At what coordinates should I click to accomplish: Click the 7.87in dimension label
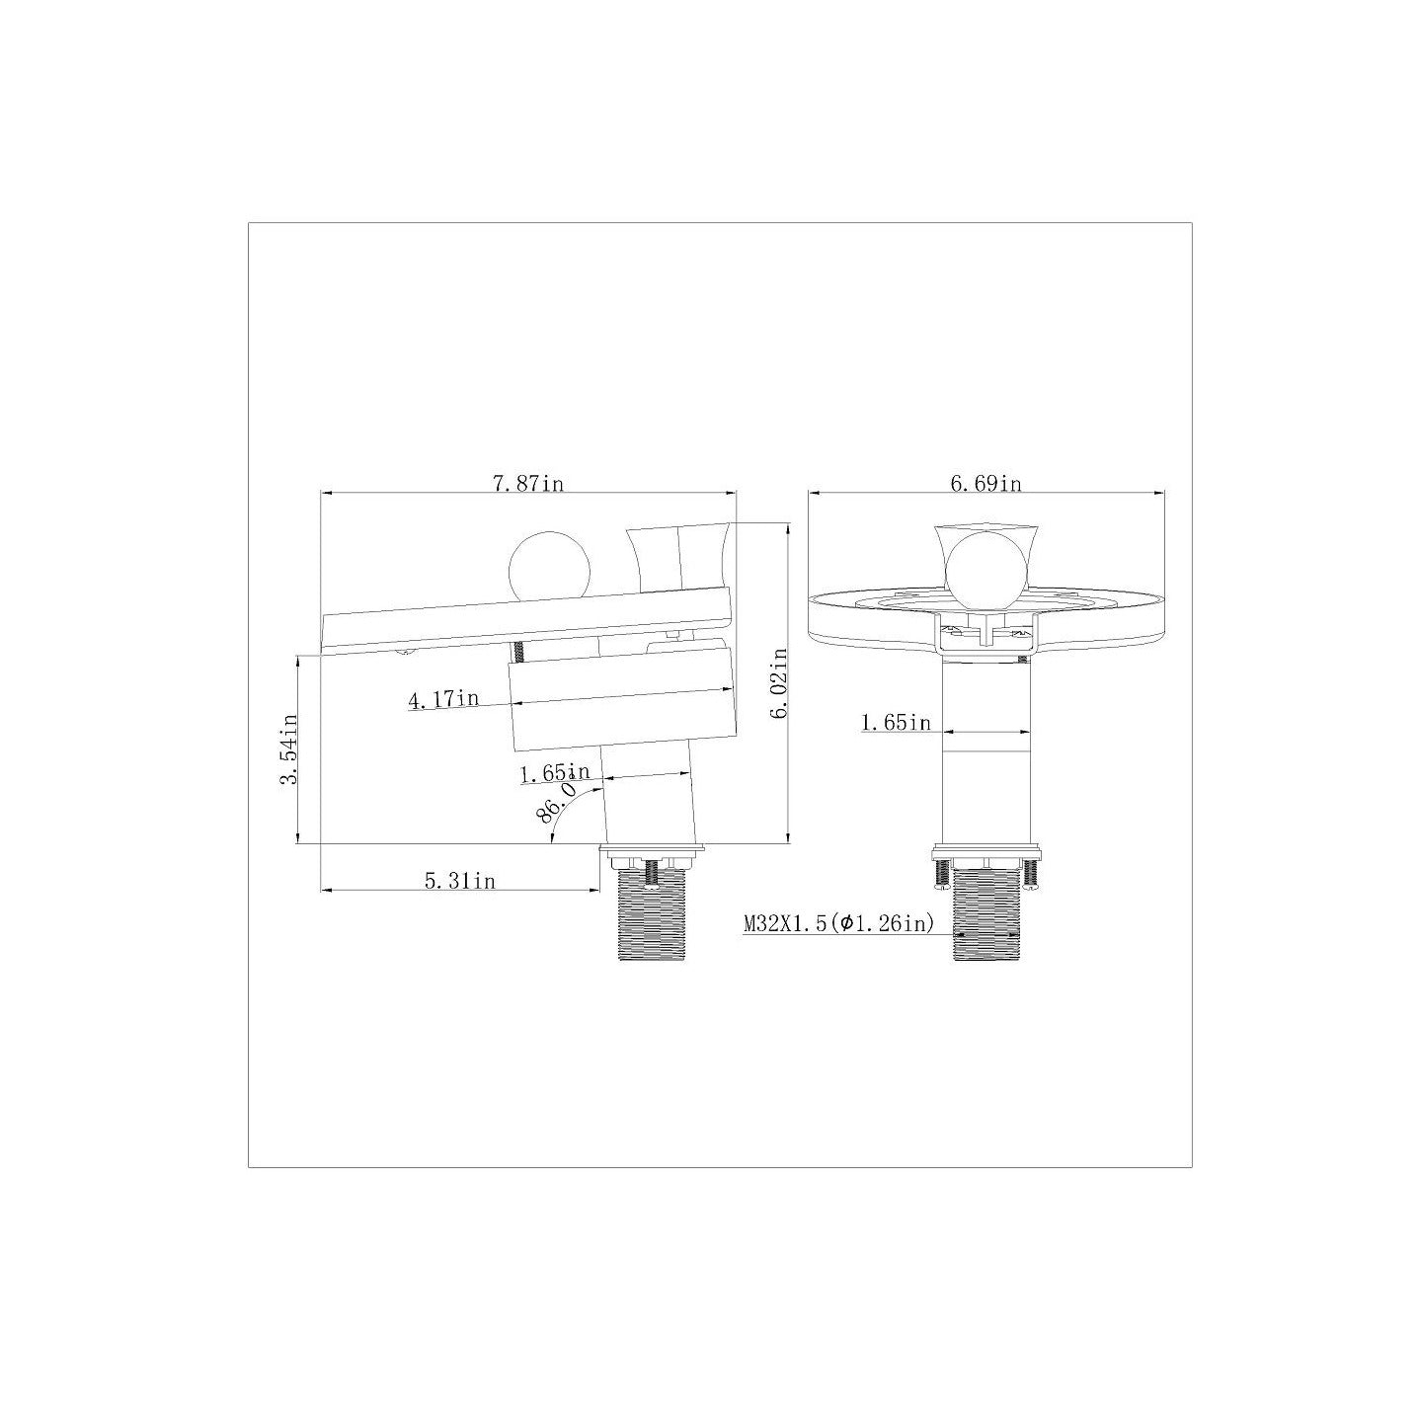(527, 483)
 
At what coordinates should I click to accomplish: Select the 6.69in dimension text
(985, 483)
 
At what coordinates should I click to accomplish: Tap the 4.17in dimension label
(443, 698)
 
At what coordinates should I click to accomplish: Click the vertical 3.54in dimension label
(288, 748)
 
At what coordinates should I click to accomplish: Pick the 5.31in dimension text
(460, 880)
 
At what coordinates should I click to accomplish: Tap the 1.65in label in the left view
(555, 772)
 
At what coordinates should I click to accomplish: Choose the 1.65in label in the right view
(896, 723)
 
